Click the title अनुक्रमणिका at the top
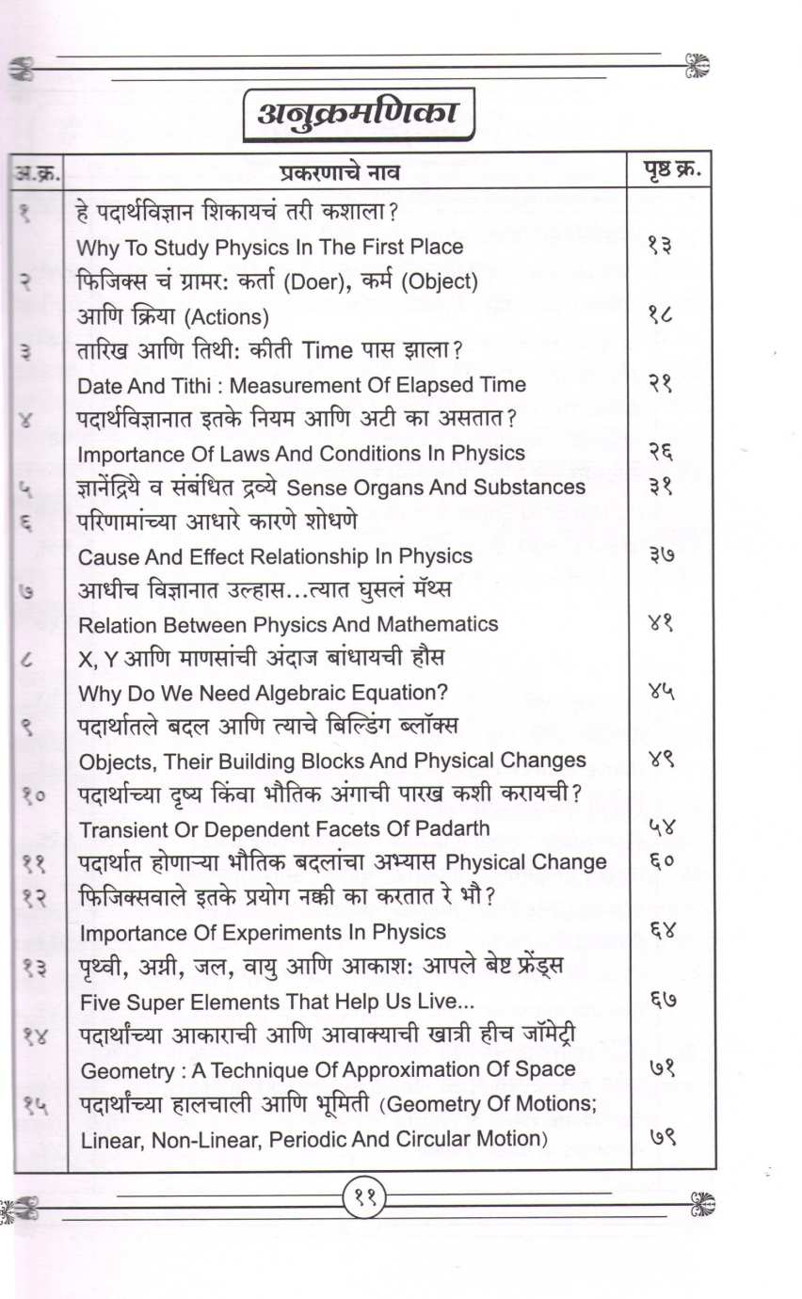[x=357, y=114]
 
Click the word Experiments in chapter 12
[x=282, y=932]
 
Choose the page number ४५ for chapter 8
[x=663, y=692]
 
